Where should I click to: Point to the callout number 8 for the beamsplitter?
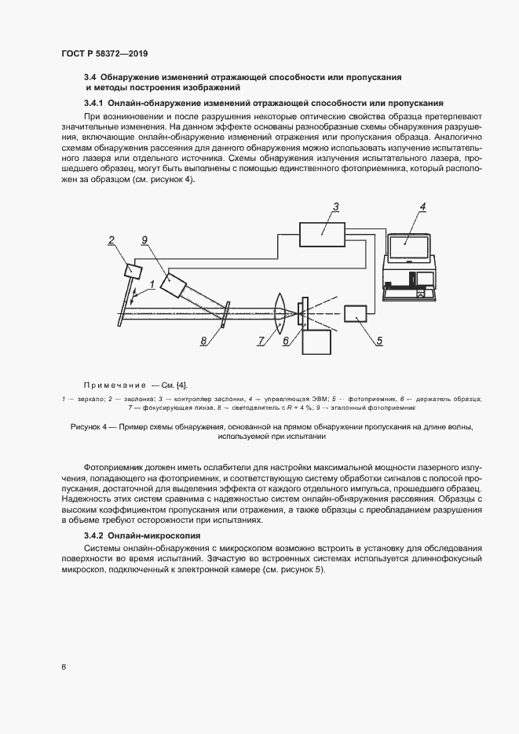pos(203,341)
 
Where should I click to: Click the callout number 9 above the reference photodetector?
pos(144,240)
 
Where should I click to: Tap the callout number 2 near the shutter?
pos(111,241)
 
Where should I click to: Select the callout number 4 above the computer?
pos(422,207)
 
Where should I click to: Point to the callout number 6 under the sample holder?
pos(286,341)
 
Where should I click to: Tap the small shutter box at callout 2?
pos(133,271)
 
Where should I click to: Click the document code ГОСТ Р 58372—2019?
pos(104,54)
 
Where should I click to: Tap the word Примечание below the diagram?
pos(115,385)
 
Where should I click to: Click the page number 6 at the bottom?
pos(63,667)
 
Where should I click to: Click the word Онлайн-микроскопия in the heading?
pos(155,535)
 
